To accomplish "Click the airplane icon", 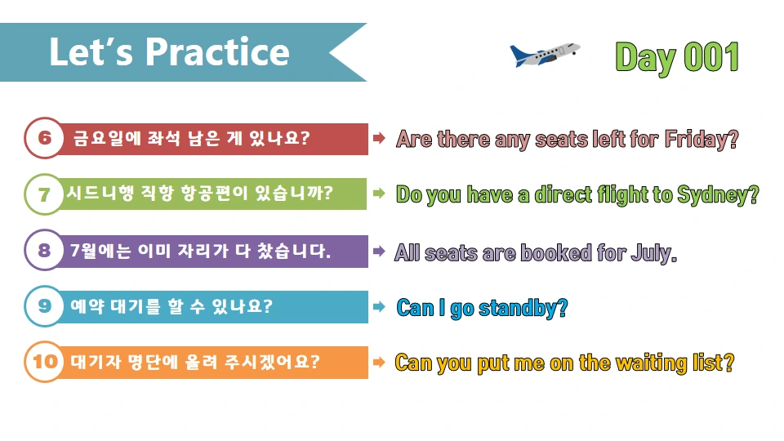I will tap(544, 54).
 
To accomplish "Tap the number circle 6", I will tap(44, 139).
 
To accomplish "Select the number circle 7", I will tap(44, 194).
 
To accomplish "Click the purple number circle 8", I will tap(44, 251).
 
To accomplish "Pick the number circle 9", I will tap(44, 306).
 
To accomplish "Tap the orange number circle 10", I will tap(44, 362).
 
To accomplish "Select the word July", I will tap(653, 252).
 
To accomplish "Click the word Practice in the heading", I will tap(217, 51).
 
